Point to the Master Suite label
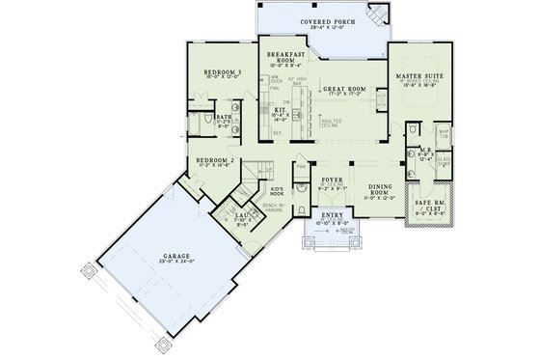point(419,74)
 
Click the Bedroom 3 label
point(223,72)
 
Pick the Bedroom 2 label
point(217,161)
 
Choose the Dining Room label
point(383,192)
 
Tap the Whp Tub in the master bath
point(445,136)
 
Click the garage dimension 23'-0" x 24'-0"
point(175,264)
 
